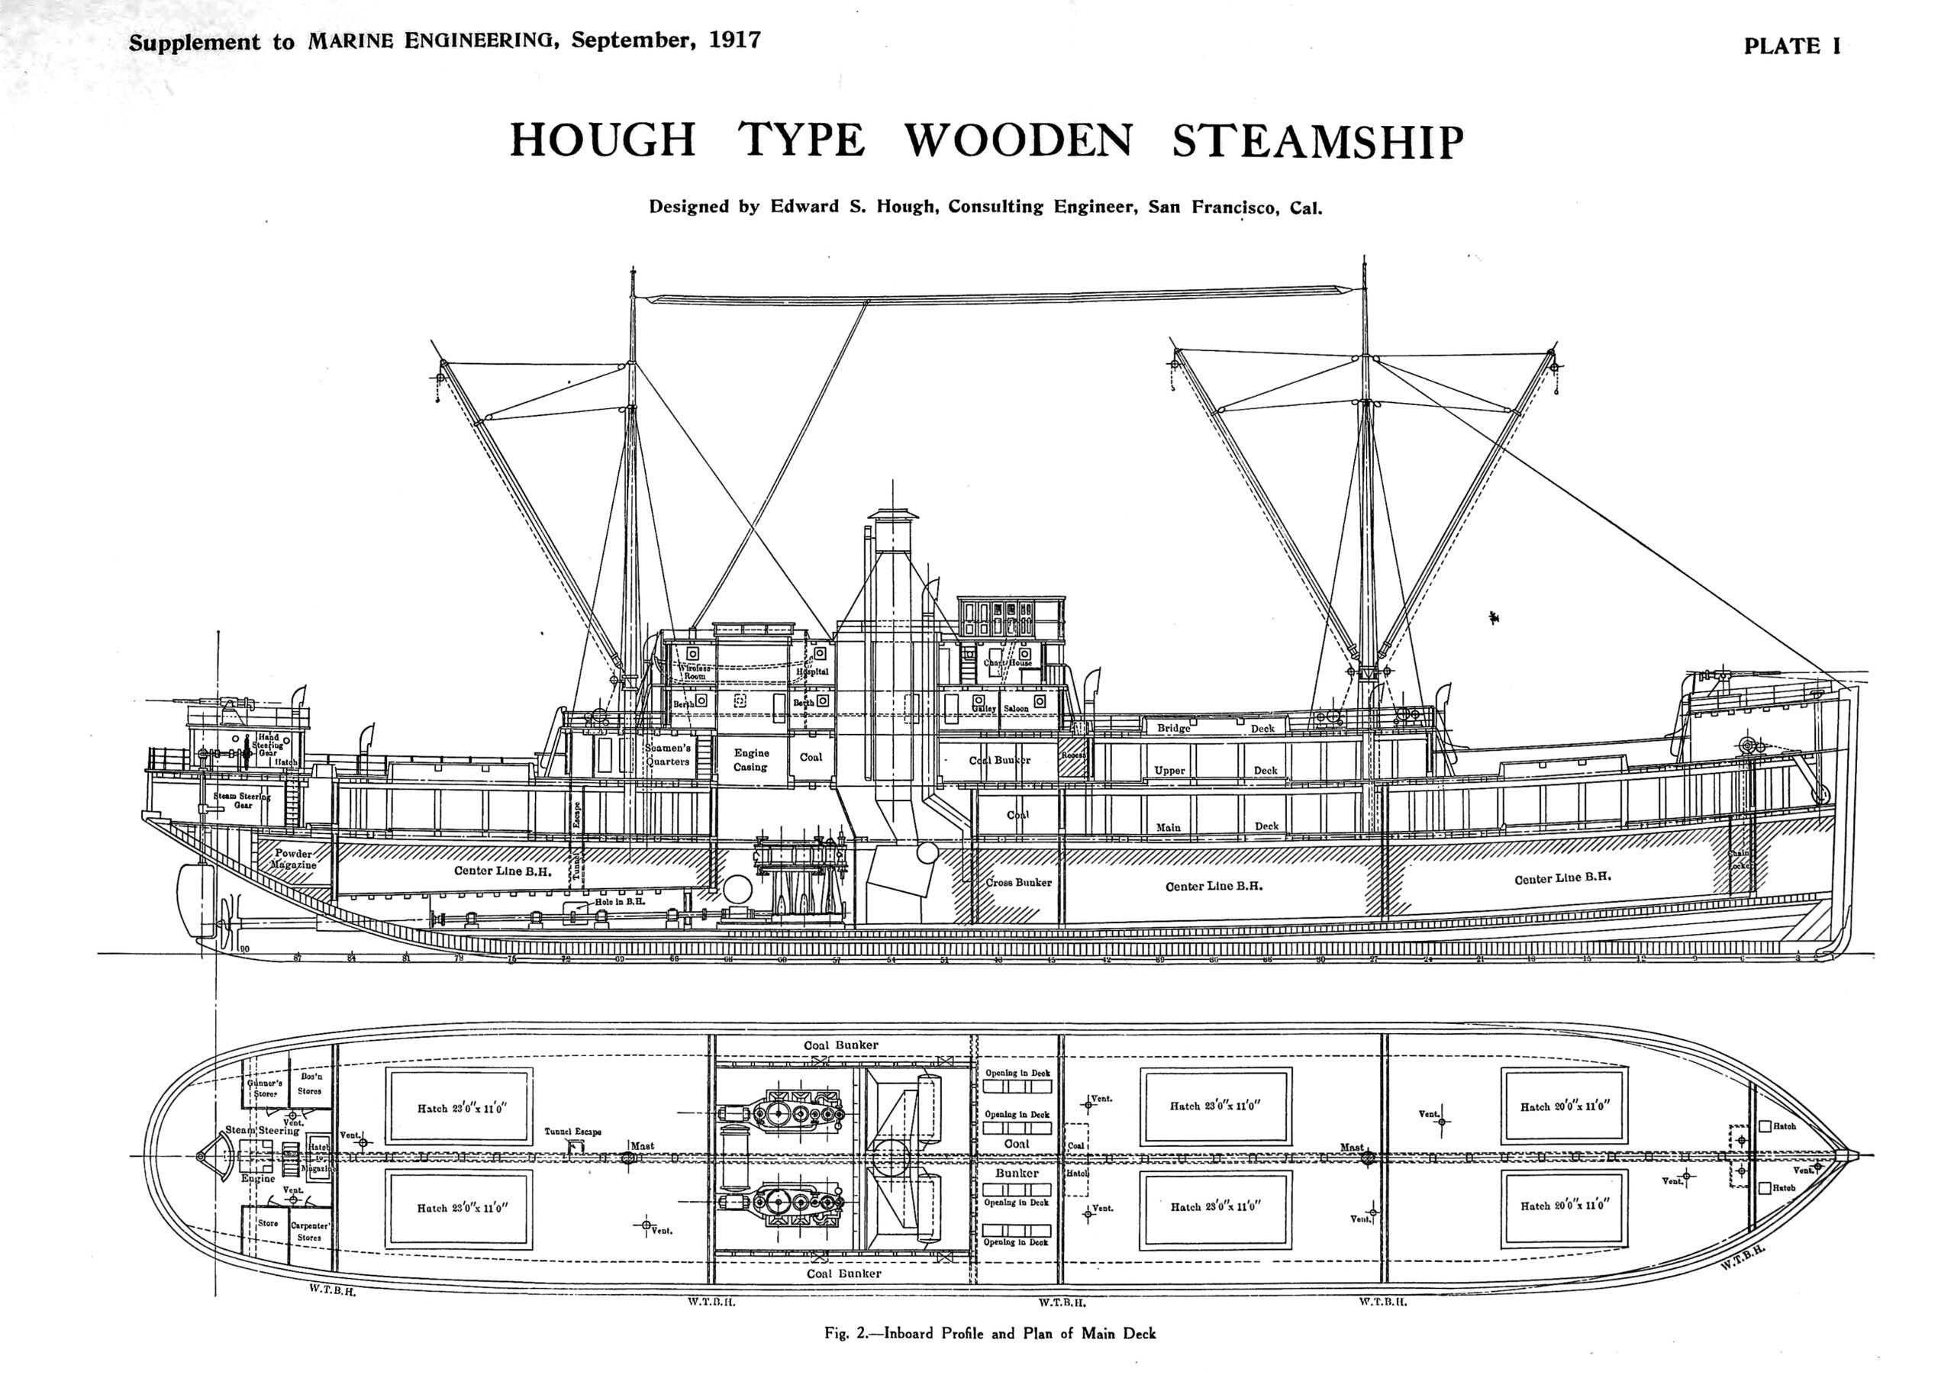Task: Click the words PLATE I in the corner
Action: tap(1791, 46)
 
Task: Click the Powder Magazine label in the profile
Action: tap(294, 858)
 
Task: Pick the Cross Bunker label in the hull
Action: tap(1019, 882)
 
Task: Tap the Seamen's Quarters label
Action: tap(668, 755)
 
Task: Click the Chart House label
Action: tap(1008, 663)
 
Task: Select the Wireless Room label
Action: tap(695, 672)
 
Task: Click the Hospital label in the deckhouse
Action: tap(812, 671)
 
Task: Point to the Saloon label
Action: tap(1016, 708)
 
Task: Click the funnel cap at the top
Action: tap(894, 515)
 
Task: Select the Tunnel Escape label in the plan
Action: tap(572, 1132)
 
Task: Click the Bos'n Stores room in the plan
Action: tap(310, 1084)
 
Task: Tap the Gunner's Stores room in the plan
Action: tap(265, 1088)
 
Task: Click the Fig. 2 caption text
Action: tap(989, 1333)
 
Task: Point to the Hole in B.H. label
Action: tap(620, 901)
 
